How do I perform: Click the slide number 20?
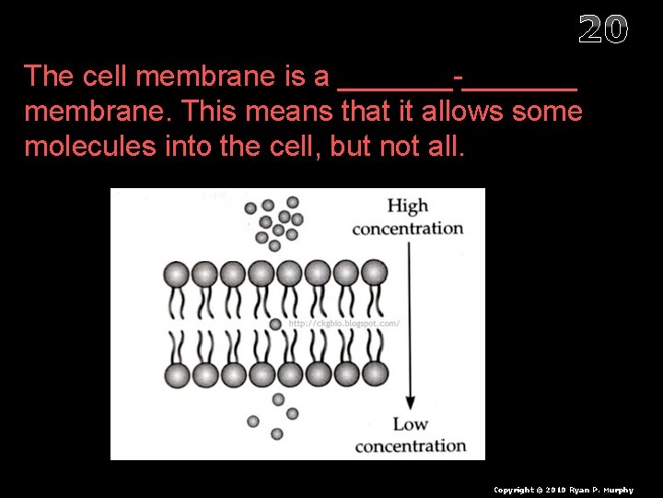[603, 30]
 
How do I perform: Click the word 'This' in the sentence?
[211, 112]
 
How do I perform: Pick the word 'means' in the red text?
[292, 112]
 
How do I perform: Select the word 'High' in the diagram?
[408, 207]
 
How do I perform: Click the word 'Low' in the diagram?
[411, 425]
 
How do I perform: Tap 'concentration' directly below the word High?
[408, 228]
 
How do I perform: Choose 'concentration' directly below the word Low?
[411, 446]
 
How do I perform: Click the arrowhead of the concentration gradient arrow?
[411, 402]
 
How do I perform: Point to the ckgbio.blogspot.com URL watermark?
[343, 324]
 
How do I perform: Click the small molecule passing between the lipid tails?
[275, 324]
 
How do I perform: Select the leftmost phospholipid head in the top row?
[177, 274]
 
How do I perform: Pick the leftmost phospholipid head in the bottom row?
[177, 374]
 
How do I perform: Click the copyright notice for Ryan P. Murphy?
[564, 490]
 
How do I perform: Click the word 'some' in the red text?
[549, 112]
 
